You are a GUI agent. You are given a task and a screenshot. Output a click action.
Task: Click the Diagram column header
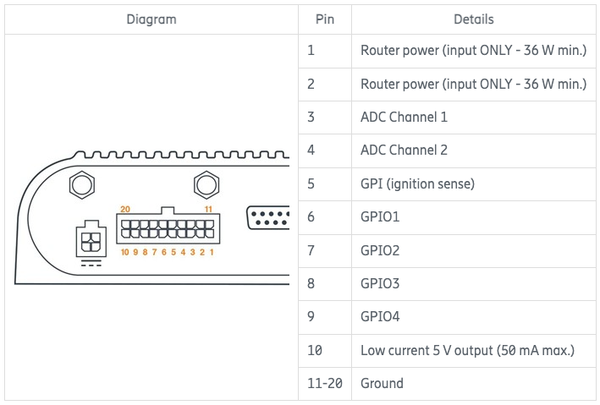151,19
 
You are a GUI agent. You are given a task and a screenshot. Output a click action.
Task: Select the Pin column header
324,19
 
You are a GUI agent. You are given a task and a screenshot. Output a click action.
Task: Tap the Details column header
473,19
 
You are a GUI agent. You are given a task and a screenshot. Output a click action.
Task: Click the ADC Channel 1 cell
404,118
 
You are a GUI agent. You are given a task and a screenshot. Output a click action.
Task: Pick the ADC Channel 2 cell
404,151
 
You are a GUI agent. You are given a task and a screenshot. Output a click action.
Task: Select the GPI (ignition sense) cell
417,184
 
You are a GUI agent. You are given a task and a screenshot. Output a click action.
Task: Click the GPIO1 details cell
380,217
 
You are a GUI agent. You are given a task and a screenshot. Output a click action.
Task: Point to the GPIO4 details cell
380,317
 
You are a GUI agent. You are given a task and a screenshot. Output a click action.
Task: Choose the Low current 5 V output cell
467,350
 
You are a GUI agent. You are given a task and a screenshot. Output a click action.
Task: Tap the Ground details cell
382,383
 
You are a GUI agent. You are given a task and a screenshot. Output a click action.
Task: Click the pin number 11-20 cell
325,383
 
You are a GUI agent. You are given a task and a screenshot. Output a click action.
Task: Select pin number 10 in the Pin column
315,350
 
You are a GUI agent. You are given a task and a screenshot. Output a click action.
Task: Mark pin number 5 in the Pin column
311,184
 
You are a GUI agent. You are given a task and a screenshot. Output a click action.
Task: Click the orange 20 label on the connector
125,209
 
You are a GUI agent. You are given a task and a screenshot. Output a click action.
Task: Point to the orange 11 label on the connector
208,209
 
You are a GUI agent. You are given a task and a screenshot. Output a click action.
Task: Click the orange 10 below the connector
124,252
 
